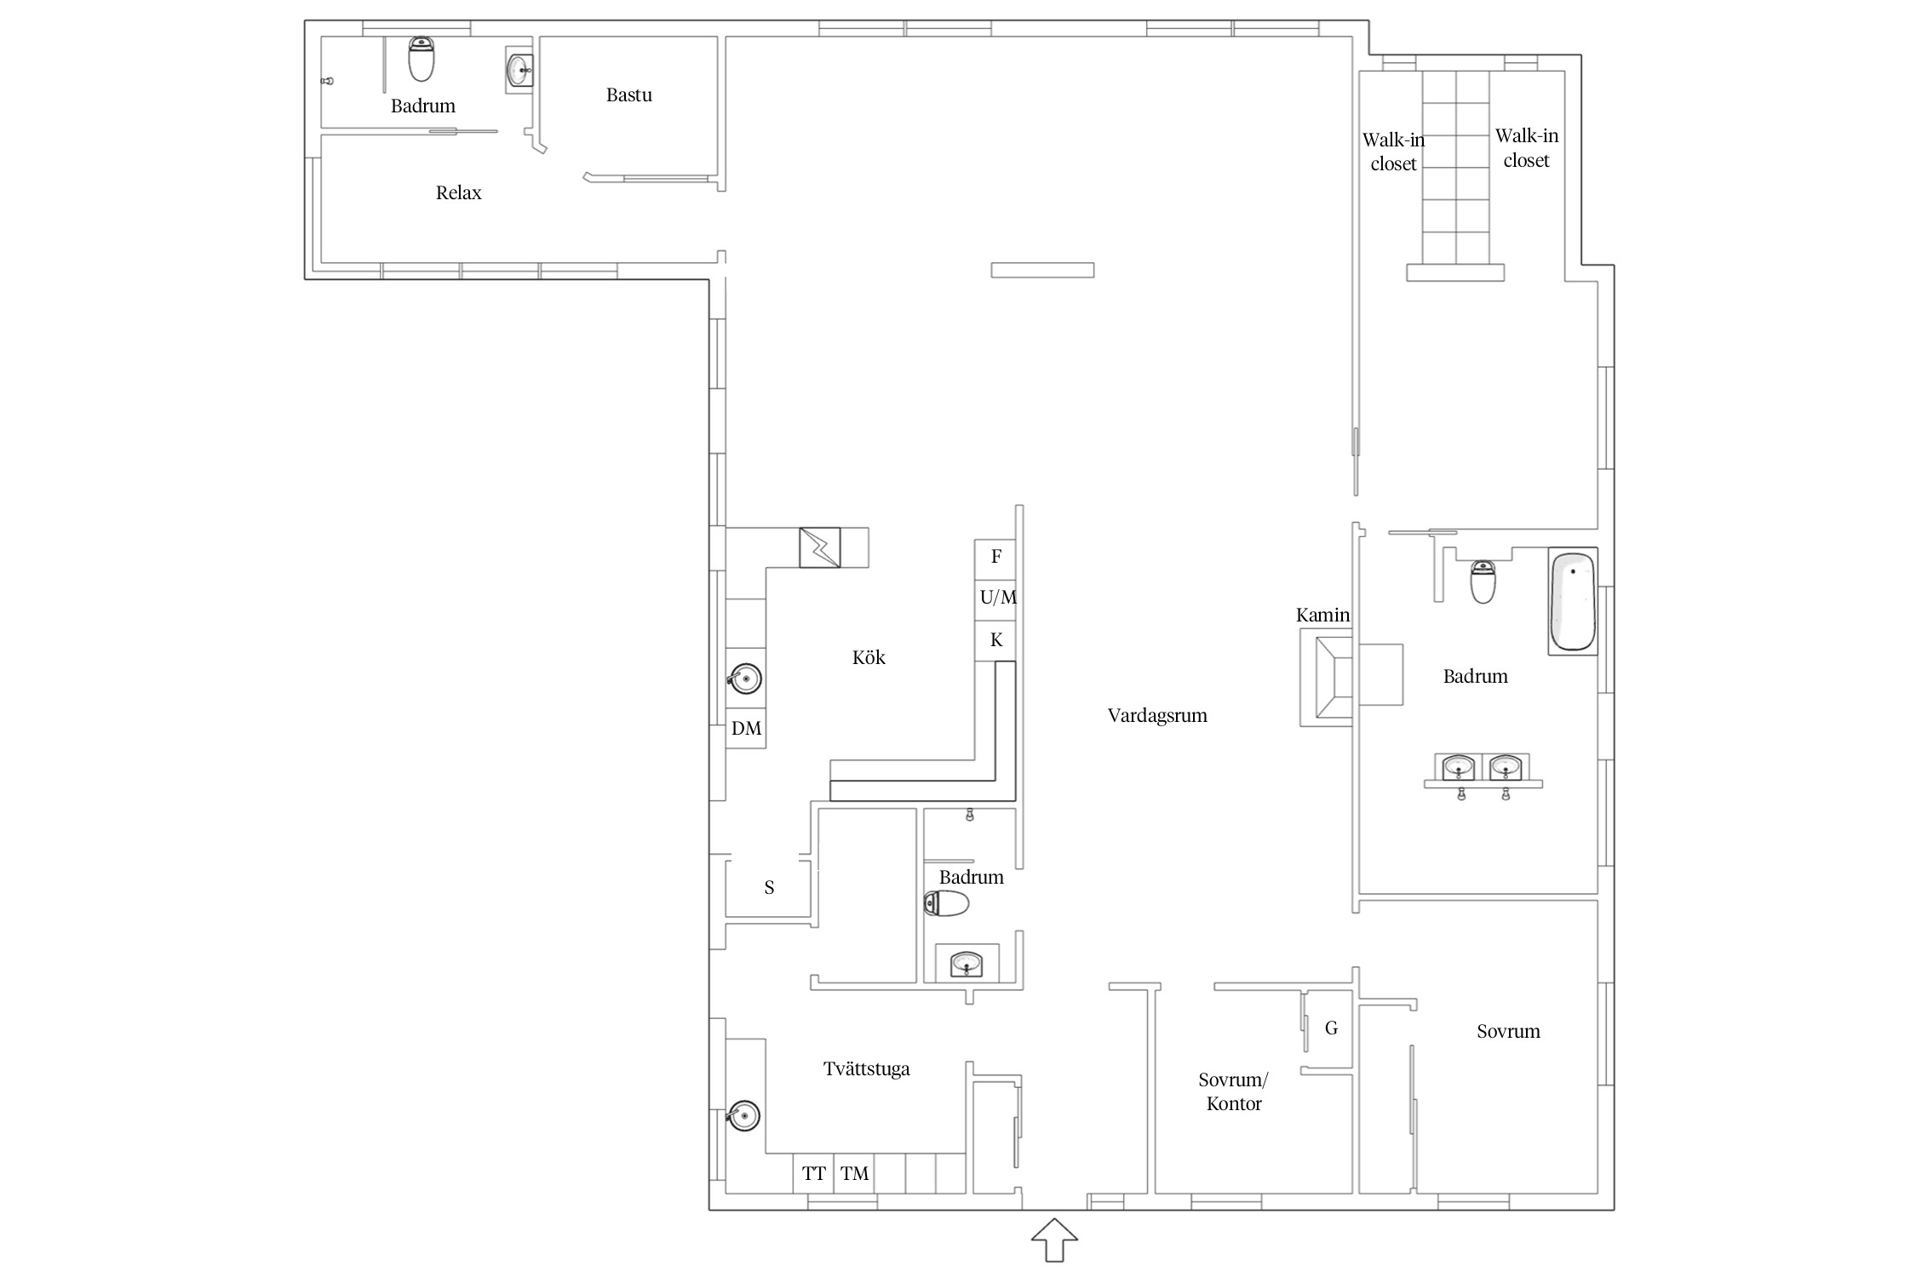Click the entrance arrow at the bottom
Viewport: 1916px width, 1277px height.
click(x=1054, y=1240)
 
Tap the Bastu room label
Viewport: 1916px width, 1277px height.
click(x=629, y=95)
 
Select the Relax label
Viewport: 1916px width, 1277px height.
click(x=458, y=193)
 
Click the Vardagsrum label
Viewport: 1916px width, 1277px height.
click(x=1157, y=716)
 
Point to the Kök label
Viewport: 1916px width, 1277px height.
click(x=869, y=657)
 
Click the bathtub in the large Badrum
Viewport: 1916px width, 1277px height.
click(x=1572, y=601)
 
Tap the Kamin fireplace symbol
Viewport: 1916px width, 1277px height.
click(x=1326, y=679)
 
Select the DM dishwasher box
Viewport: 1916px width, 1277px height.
click(x=746, y=729)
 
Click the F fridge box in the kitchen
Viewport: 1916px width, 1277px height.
click(x=995, y=558)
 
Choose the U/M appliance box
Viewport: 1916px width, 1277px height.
click(x=995, y=598)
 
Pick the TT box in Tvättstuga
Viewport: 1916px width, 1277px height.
click(x=813, y=1174)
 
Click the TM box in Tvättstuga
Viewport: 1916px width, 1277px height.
click(x=854, y=1174)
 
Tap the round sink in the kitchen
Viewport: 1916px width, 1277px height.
click(x=744, y=679)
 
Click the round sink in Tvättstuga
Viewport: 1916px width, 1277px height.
click(x=743, y=1114)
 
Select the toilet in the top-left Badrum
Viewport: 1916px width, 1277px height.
click(x=422, y=59)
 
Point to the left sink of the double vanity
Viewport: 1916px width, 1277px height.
click(x=1459, y=767)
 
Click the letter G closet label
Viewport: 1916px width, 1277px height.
click(x=1331, y=1028)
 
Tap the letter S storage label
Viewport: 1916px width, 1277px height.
click(x=769, y=888)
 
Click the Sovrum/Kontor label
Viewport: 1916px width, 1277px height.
click(x=1234, y=1092)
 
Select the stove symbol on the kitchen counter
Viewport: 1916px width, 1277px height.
click(x=820, y=547)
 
